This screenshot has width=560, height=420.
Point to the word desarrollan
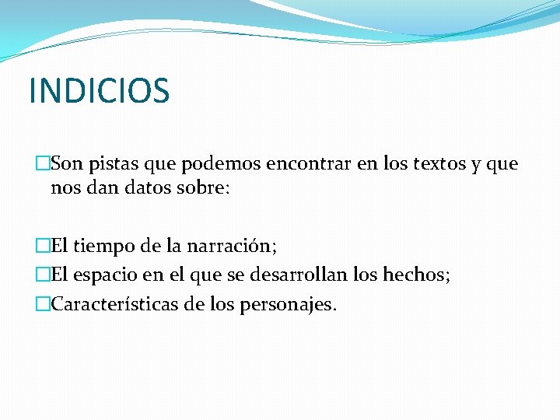301,275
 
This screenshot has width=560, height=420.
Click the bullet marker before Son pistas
42,164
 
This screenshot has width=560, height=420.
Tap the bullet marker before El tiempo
42,247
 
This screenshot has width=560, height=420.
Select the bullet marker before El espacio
42,275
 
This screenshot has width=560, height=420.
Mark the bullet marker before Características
42,303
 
